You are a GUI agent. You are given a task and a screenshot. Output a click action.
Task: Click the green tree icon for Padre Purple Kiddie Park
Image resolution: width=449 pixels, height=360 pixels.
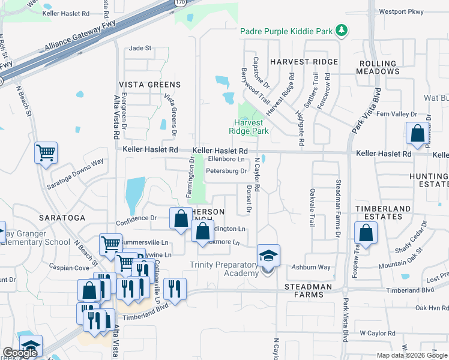342,31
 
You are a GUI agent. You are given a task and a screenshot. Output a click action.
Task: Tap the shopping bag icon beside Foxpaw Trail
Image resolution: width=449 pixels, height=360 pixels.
365,232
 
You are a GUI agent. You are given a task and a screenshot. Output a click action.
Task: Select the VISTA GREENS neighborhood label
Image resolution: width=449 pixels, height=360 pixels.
149,85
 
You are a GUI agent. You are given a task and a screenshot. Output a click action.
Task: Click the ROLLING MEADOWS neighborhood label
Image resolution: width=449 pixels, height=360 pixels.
379,67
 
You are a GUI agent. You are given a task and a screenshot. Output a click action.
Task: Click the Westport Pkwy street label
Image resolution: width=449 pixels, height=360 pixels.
402,11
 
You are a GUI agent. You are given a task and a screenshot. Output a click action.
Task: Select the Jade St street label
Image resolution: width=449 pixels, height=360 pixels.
140,48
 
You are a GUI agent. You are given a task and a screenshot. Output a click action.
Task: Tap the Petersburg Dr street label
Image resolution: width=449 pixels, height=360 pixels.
226,171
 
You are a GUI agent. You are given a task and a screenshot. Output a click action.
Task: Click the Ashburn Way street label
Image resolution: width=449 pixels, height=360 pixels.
311,267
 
